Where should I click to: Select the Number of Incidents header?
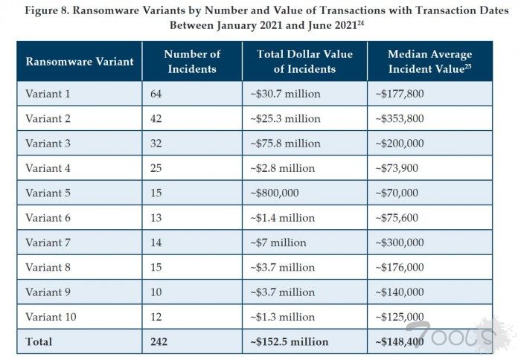(x=192, y=62)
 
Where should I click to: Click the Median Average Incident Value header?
(x=430, y=62)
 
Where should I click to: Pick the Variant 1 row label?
(x=48, y=93)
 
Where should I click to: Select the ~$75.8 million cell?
(x=284, y=144)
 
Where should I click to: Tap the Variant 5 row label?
(x=48, y=193)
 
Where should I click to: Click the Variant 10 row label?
(x=51, y=317)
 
